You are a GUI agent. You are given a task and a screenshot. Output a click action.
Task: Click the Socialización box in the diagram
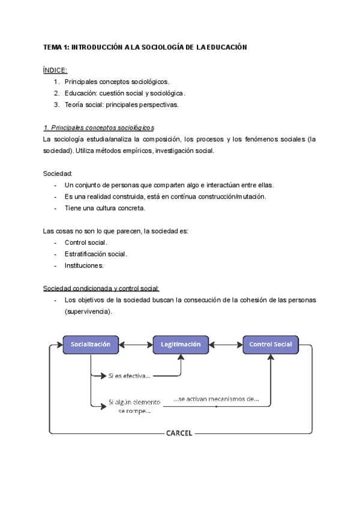coord(91,345)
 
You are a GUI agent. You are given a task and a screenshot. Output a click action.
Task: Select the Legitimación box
coord(181,345)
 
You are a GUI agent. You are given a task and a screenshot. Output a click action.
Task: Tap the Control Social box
coord(270,345)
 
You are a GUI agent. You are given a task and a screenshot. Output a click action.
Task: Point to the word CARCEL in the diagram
coord(179,433)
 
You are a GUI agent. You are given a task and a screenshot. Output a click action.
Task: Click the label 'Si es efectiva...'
coord(129,376)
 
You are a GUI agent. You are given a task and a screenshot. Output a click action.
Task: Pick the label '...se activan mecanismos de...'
coord(216,399)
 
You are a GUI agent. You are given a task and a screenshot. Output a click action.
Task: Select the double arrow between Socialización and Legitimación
coord(136,345)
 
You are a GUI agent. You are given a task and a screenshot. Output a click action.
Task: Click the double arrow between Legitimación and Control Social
coord(226,345)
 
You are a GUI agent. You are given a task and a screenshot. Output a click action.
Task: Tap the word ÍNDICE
coord(55,70)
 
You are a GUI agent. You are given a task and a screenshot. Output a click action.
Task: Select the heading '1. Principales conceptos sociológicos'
coord(99,128)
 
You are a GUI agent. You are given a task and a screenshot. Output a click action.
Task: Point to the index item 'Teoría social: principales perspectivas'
coord(122,104)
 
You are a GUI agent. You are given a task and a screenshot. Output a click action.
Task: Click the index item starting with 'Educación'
coord(125,93)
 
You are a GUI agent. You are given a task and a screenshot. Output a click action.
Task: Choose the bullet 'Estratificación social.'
coord(96,254)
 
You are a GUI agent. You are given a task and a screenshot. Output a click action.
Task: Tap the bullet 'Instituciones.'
coord(84,265)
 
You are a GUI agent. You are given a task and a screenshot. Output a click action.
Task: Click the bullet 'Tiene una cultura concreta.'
coord(105,208)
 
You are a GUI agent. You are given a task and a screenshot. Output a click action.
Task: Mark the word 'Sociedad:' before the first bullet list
coord(58,173)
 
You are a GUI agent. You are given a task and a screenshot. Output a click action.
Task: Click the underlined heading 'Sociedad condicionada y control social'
coord(101,288)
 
